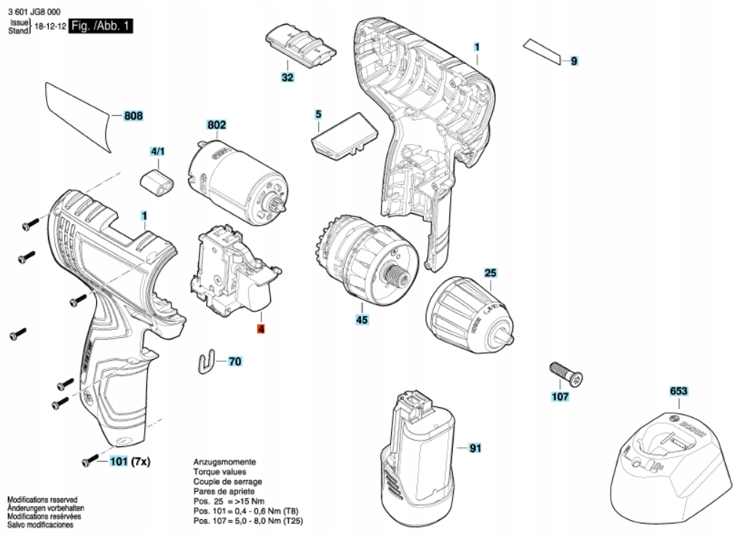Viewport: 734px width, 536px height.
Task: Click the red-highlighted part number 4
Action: pyautogui.click(x=261, y=329)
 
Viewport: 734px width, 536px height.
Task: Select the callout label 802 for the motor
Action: pyautogui.click(x=217, y=125)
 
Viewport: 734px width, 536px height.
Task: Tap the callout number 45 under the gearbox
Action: pyautogui.click(x=361, y=320)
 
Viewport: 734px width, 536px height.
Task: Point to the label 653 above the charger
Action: pyautogui.click(x=679, y=392)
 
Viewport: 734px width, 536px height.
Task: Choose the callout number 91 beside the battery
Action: pyautogui.click(x=475, y=448)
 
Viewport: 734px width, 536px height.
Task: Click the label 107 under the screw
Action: pyautogui.click(x=559, y=397)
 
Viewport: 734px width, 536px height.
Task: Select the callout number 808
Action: pyautogui.click(x=133, y=116)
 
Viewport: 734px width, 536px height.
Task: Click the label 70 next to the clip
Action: pyautogui.click(x=234, y=360)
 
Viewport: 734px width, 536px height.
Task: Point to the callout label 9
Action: pyautogui.click(x=574, y=62)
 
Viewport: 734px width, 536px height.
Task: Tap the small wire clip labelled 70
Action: pyautogui.click(x=208, y=360)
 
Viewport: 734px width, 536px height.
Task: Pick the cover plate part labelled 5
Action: pyautogui.click(x=344, y=137)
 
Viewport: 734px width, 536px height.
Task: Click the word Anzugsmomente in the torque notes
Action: pyautogui.click(x=224, y=462)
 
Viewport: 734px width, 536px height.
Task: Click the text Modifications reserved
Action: pyautogui.click(x=42, y=499)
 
